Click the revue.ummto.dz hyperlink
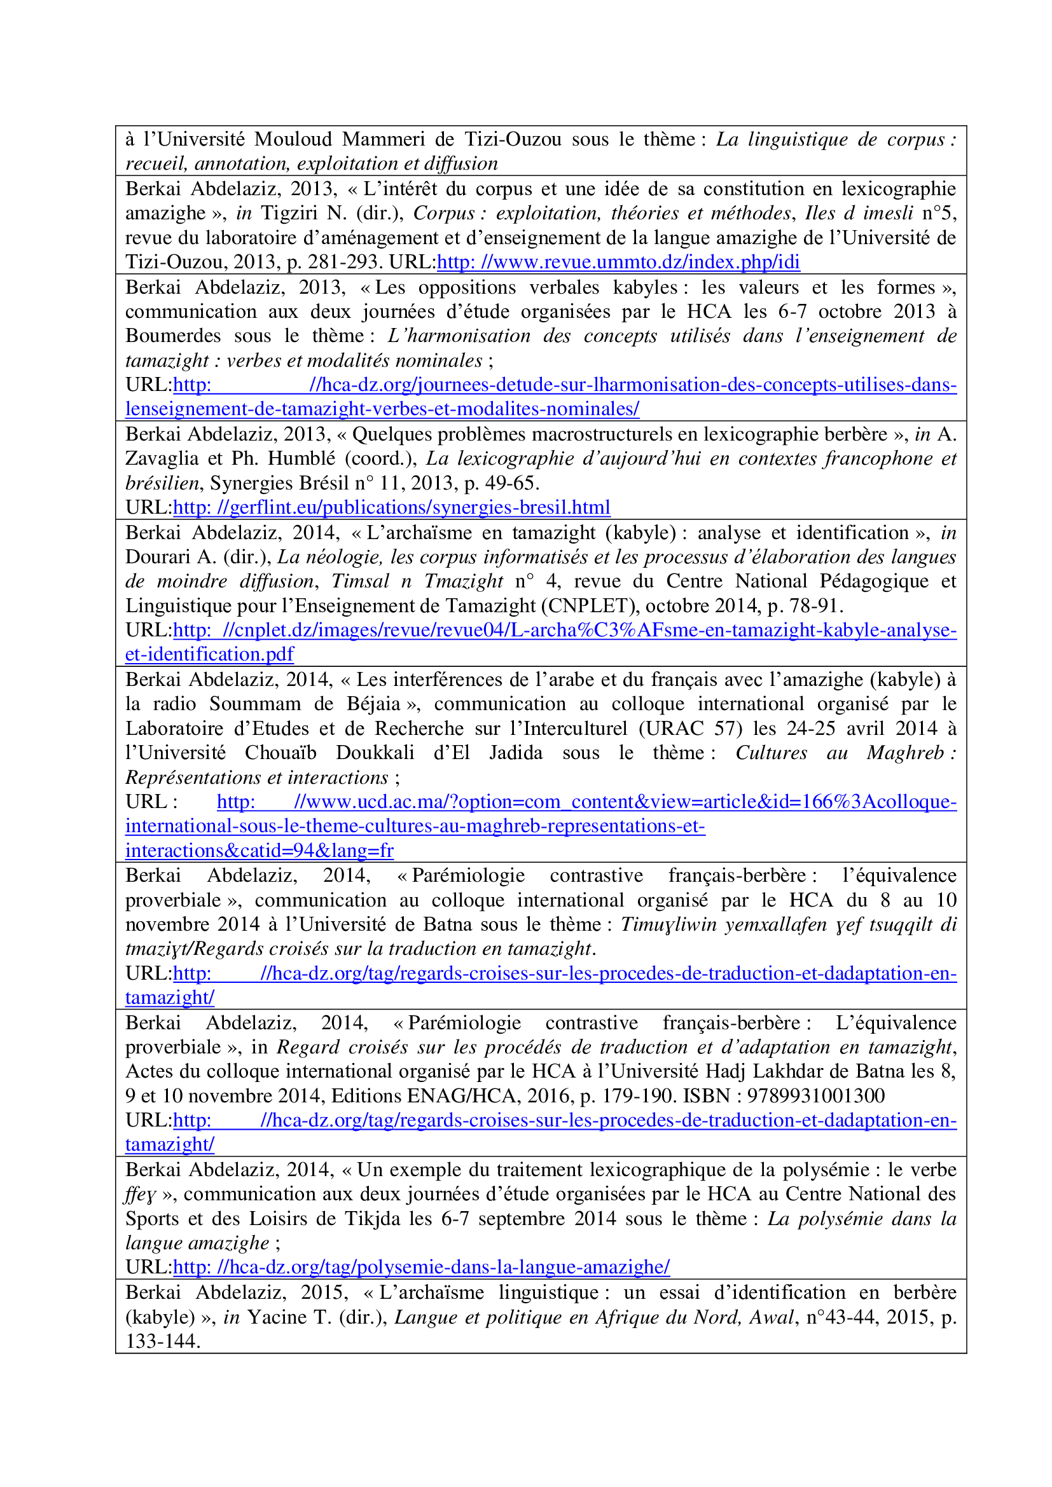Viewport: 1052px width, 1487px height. click(618, 263)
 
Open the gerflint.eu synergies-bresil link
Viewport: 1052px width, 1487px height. click(391, 508)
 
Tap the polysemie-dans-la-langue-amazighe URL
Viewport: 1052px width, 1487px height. click(421, 1268)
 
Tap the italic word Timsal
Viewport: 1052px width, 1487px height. click(360, 581)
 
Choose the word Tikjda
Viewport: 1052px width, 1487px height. click(372, 1219)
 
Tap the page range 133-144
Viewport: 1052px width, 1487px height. click(162, 1341)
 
